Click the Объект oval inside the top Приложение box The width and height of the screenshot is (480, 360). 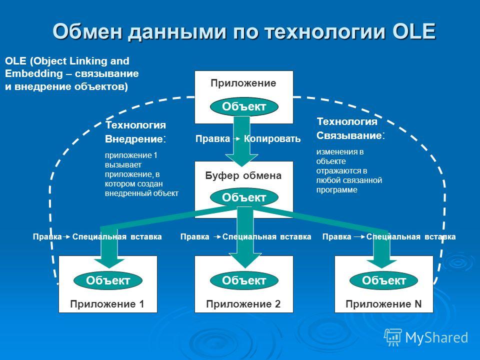244,106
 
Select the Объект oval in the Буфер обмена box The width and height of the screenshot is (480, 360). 244,197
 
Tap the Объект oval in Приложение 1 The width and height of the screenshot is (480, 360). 108,280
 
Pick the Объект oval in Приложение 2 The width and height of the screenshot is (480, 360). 244,280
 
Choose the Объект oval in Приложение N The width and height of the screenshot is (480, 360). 383,280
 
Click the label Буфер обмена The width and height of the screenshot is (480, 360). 243,175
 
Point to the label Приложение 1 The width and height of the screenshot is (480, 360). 107,304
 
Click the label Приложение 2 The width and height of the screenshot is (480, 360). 243,304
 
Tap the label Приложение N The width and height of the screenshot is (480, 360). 383,304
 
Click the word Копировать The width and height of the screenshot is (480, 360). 272,138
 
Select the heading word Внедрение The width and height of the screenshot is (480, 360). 134,139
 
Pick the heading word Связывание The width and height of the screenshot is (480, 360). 349,135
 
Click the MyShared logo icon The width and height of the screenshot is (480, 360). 393,337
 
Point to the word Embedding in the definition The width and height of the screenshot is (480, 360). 33,73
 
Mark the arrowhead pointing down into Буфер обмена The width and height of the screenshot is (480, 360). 242,160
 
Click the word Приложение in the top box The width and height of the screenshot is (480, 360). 243,83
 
